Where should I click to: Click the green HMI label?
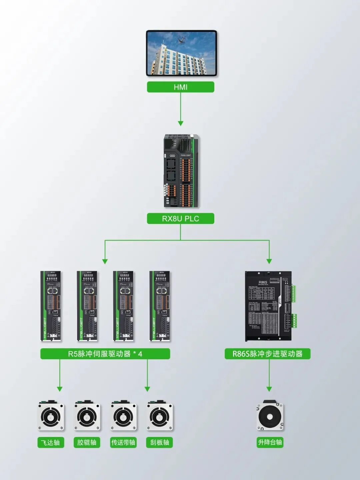(x=180, y=87)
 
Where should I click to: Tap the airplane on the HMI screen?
(x=181, y=40)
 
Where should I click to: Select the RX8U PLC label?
(x=180, y=218)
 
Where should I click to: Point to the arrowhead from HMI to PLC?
(x=180, y=123)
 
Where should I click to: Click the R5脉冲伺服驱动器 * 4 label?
(x=105, y=354)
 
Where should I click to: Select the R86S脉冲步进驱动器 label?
(x=267, y=354)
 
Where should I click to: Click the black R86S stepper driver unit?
(x=269, y=306)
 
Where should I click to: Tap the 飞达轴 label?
(x=50, y=442)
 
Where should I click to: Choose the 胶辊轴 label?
(x=87, y=442)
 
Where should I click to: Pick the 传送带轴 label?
(x=123, y=442)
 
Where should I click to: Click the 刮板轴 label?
(x=160, y=442)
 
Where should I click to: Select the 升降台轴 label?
(x=270, y=442)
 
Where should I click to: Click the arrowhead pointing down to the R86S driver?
(x=269, y=261)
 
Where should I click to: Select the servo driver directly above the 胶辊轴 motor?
(x=87, y=306)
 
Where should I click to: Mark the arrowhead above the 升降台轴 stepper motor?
(x=269, y=389)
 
